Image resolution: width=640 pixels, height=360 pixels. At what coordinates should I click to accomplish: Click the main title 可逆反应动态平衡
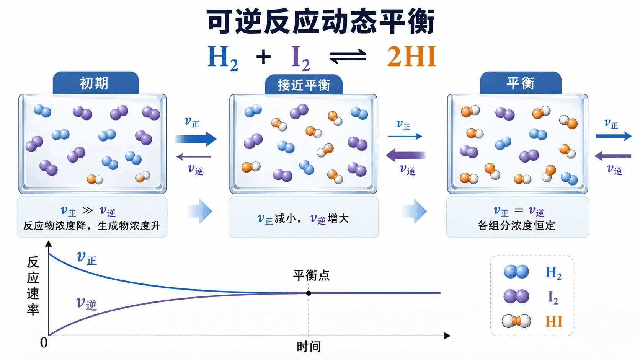point(320,22)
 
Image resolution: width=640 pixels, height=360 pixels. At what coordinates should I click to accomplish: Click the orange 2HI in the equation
point(411,56)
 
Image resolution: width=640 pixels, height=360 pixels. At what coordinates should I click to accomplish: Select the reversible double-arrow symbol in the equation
point(348,56)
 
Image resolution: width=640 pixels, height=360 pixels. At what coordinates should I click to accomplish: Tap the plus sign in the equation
point(263,57)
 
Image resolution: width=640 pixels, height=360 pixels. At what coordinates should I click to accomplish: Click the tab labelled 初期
point(95,83)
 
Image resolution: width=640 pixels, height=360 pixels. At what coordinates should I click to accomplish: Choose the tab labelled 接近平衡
point(304,85)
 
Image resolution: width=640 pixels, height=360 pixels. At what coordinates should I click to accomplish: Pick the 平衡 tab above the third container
point(521,83)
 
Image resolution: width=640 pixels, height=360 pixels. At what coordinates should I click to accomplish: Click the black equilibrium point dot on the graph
point(309,293)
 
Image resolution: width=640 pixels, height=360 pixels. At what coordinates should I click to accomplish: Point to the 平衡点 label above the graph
point(312,275)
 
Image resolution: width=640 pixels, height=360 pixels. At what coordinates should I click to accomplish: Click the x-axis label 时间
point(309,347)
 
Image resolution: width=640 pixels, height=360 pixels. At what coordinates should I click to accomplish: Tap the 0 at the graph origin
point(44,342)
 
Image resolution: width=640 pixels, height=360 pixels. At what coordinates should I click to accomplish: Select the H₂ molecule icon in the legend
point(516,272)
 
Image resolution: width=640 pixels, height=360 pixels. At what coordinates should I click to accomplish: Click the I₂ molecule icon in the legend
point(516,296)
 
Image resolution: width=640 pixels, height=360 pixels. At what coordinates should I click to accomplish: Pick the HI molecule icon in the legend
point(516,321)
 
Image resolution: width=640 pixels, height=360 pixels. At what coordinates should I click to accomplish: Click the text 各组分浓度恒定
point(516,226)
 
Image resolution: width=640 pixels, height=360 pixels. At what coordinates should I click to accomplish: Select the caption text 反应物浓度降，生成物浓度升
point(92,226)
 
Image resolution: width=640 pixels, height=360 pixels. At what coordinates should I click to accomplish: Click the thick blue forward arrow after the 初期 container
point(196,139)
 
